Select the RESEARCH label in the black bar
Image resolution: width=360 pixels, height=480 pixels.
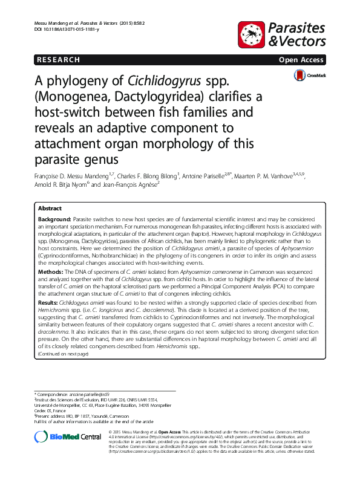58,60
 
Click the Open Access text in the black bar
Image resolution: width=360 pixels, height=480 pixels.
301,60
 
